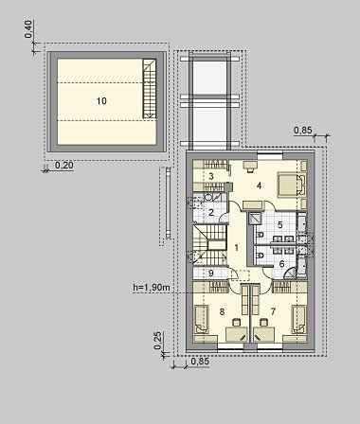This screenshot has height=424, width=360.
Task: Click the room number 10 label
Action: [101, 101]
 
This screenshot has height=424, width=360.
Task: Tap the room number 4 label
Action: [259, 185]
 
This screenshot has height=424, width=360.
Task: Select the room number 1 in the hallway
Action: [236, 248]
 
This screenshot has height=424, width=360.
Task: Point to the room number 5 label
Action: [279, 225]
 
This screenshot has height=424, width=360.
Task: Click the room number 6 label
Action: [281, 264]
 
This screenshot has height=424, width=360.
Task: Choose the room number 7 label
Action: [273, 311]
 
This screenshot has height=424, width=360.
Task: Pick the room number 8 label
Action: [222, 311]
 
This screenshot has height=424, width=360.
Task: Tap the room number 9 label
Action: [211, 273]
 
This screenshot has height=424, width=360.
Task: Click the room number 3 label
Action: [211, 176]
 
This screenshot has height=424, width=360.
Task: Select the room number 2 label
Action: [211, 212]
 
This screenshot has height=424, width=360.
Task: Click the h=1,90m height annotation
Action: [152, 287]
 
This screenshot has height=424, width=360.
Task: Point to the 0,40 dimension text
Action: [28, 29]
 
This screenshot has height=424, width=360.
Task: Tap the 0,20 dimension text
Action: [64, 165]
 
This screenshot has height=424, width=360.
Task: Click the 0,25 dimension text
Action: [158, 341]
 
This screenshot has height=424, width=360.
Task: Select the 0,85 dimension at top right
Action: [303, 130]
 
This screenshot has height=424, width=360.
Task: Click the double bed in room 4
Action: [292, 185]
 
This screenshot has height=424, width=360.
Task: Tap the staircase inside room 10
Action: [150, 89]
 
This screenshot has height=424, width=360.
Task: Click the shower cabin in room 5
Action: [255, 218]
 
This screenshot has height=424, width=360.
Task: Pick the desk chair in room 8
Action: [236, 323]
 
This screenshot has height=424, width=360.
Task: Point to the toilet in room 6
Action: [261, 256]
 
